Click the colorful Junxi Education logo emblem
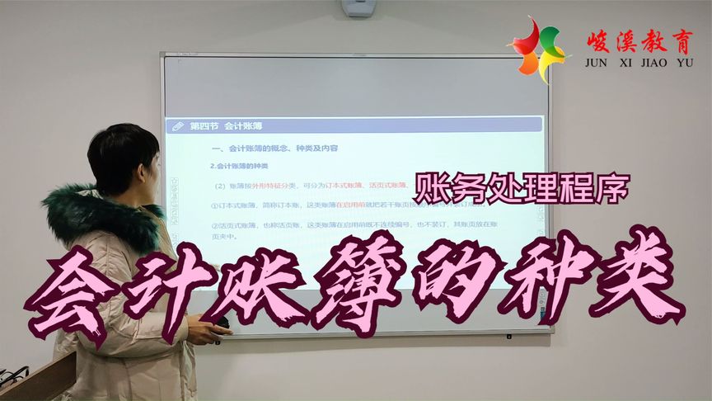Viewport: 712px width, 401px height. click(537, 50)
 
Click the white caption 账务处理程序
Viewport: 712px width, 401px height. click(523, 189)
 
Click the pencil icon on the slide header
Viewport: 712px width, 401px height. click(176, 126)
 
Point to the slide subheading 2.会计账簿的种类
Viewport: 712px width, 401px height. click(239, 165)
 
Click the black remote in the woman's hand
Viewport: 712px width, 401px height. click(221, 333)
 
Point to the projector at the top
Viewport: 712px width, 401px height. click(358, 8)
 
